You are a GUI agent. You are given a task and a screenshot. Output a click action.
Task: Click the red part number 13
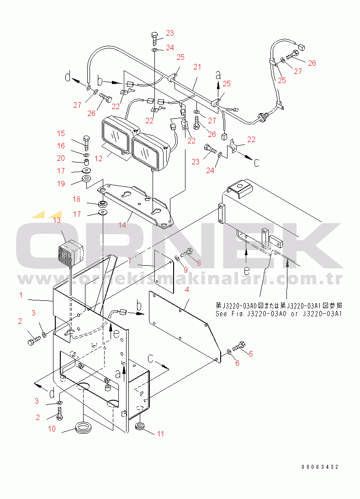click(57, 220)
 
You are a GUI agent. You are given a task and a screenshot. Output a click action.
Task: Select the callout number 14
click(122, 225)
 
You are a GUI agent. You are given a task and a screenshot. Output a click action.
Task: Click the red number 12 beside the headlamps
click(98, 158)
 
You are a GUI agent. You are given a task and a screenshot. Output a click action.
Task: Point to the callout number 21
click(197, 67)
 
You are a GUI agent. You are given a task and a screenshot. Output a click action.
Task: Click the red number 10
click(52, 429)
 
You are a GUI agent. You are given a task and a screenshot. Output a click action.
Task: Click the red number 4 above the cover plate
click(187, 289)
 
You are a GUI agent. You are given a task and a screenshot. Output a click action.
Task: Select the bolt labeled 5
click(239, 346)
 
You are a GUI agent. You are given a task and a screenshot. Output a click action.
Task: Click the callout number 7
click(130, 261)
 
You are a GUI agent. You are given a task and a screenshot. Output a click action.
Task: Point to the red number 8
click(199, 263)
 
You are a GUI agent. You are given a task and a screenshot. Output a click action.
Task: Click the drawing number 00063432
click(320, 467)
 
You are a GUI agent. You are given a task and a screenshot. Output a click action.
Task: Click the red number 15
click(61, 133)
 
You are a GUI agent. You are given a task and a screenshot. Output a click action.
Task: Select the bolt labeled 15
click(86, 143)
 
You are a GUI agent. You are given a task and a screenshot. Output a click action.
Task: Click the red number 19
click(61, 184)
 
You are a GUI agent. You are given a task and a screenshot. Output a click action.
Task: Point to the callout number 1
click(21, 295)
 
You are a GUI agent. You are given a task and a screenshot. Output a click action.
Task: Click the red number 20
click(61, 158)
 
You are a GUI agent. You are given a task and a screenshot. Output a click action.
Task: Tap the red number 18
click(76, 199)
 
